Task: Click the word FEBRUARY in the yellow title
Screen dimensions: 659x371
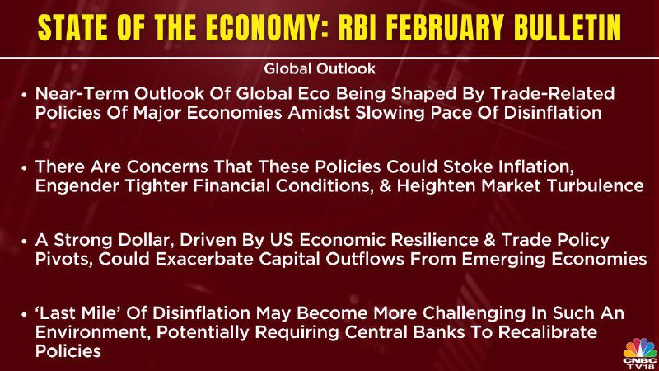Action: tap(445, 29)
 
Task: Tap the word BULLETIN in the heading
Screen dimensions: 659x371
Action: tap(568, 29)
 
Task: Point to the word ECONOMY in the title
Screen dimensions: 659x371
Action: tap(267, 29)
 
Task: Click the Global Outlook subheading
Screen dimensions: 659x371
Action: tap(320, 68)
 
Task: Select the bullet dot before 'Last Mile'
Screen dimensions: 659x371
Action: tap(24, 315)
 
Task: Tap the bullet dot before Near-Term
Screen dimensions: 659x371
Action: tap(24, 95)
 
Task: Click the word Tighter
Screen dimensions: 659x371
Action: tap(156, 186)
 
